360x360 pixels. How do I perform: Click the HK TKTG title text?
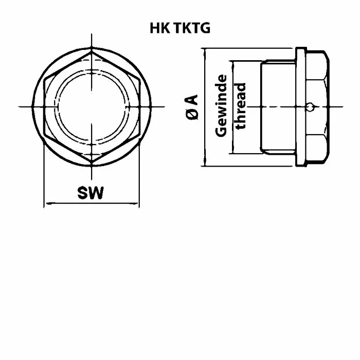(x=180, y=28)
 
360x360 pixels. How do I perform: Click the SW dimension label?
(x=91, y=193)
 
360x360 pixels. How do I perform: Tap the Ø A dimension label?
(x=192, y=107)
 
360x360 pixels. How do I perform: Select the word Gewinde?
(x=221, y=106)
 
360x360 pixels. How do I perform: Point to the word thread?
(x=241, y=106)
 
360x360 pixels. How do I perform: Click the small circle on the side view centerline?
(x=310, y=107)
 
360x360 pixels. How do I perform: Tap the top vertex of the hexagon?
(x=92, y=51)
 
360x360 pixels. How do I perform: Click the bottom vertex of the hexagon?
(x=92, y=163)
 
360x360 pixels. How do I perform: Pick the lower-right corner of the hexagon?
(x=139, y=135)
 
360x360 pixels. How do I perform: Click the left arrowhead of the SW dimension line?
(x=48, y=203)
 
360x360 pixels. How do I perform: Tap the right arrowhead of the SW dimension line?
(x=135, y=203)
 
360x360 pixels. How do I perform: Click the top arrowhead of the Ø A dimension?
(x=205, y=52)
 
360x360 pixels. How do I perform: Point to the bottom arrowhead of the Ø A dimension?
(x=205, y=162)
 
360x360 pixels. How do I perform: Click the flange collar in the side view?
(x=301, y=107)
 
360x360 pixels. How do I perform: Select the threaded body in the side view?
(x=278, y=107)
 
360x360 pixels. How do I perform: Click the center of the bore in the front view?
(x=92, y=107)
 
